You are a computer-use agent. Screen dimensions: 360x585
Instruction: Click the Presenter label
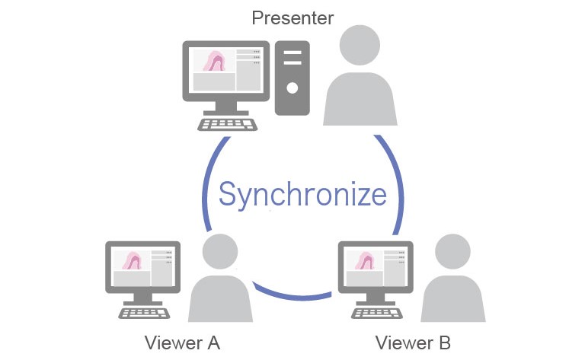click(292, 17)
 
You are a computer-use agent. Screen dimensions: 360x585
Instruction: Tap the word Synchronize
click(302, 194)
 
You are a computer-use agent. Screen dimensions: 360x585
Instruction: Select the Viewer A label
click(182, 342)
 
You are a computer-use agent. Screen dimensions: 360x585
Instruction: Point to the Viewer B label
click(413, 342)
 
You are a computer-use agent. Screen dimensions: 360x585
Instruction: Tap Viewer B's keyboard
click(375, 311)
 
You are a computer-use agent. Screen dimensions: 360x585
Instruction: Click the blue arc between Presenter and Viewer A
click(206, 183)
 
